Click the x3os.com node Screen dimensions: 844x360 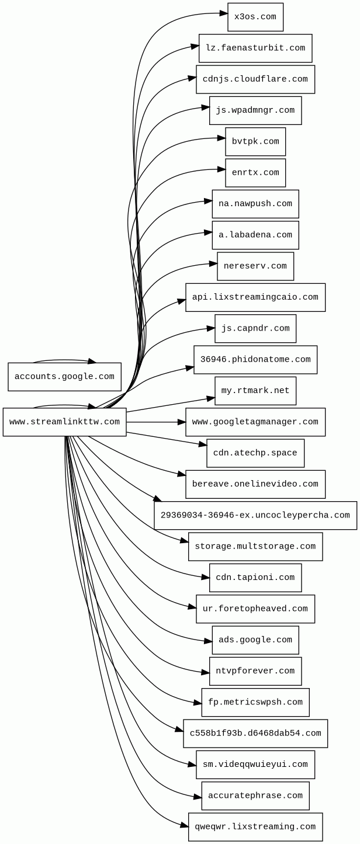click(255, 17)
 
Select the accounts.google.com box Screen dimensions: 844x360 click(64, 377)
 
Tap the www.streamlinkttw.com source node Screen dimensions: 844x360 click(64, 422)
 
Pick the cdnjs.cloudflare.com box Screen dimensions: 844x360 click(255, 79)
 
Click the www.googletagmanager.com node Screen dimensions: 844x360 click(255, 422)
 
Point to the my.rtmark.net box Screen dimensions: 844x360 click(255, 391)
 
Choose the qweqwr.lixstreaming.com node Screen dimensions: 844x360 click(255, 827)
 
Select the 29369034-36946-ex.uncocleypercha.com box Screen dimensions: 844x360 click(255, 515)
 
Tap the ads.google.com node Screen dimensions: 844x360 click(255, 640)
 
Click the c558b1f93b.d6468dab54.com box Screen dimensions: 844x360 click(255, 734)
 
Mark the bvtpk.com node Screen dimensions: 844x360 click(255, 142)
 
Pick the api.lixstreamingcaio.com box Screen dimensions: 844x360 click(255, 297)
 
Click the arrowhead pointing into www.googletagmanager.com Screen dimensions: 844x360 click(182, 422)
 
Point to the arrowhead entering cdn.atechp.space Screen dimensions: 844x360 click(203, 445)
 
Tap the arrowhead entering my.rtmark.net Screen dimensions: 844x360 click(211, 399)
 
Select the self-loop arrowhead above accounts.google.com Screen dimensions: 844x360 click(92, 362)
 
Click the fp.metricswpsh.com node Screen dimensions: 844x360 click(255, 702)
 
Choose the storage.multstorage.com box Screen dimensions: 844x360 click(255, 547)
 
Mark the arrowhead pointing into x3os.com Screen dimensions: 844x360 click(224, 13)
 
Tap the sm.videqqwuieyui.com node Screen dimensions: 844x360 click(255, 765)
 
